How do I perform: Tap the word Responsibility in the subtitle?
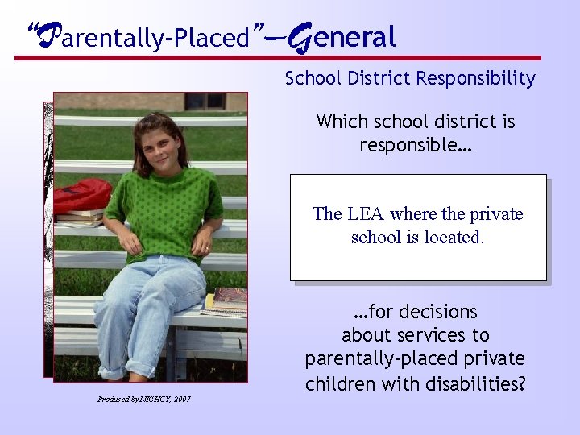pyautogui.click(x=484, y=78)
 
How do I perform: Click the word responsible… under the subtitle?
pyautogui.click(x=416, y=145)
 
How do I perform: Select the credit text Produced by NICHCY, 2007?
pyautogui.click(x=144, y=399)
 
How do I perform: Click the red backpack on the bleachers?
pyautogui.click(x=82, y=195)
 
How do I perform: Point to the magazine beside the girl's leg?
pyautogui.click(x=229, y=300)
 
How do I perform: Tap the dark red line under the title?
pyautogui.click(x=278, y=58)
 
